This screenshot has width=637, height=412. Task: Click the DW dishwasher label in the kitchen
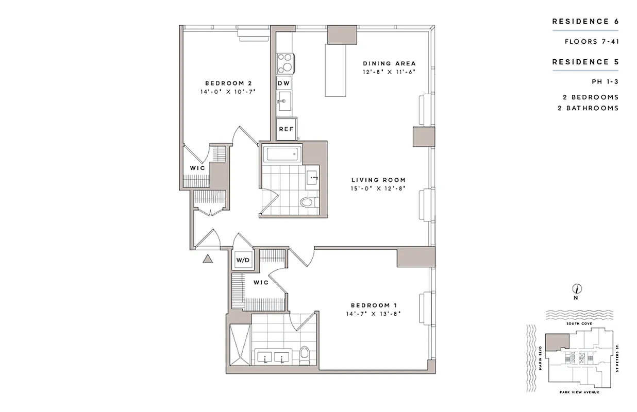point(283,83)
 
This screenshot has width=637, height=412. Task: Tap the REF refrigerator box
point(286,130)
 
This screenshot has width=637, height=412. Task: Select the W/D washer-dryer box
point(243,260)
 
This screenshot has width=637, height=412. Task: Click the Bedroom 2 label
point(228,83)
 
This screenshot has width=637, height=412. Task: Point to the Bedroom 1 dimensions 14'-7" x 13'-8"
point(374,313)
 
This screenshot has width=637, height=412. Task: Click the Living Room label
point(378,180)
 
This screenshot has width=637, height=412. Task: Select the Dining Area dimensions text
point(389,72)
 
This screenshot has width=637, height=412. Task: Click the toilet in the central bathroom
point(308,202)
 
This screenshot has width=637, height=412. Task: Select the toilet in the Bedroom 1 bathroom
point(304,355)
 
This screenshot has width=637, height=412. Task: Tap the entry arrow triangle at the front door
point(208,259)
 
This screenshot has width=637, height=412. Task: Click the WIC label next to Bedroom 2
point(197,168)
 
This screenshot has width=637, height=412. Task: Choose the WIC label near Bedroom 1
point(260,283)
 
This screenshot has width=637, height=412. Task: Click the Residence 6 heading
point(585,22)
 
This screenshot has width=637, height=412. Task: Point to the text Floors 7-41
point(591,41)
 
